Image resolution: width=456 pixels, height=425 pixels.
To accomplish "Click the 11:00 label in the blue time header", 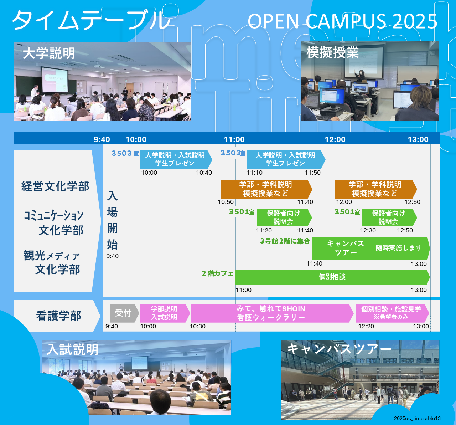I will coord(234,139).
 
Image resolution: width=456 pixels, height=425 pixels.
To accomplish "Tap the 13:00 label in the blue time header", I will coord(418,139).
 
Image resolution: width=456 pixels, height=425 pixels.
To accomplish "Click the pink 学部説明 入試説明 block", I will coord(164,313).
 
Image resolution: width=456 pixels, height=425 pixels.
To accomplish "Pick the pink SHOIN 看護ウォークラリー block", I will coord(271,313).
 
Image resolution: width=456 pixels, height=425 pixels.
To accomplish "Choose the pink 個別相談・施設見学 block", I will coord(391,313).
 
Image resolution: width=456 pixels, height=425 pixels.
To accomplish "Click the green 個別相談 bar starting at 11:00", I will coord(332,277).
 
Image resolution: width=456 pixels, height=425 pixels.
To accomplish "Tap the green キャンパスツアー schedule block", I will coord(370,248).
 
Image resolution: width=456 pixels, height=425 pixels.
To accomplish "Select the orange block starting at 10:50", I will coord(266,189).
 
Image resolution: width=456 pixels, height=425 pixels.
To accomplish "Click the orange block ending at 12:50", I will coord(375,189).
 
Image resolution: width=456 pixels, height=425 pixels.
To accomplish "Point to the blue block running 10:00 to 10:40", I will coord(175,159).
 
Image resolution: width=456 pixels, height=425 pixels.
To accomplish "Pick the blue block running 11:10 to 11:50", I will coord(285,159).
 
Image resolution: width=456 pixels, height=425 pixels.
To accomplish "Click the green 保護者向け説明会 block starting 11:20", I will coord(284,217).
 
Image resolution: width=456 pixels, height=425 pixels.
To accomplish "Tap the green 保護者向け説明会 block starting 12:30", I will coord(389,217).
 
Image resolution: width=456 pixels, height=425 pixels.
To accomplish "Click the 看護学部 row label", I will coord(58,316).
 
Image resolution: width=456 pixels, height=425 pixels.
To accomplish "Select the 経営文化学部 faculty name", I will coord(55,186).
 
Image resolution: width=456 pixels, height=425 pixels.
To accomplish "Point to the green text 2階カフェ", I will coord(217,273).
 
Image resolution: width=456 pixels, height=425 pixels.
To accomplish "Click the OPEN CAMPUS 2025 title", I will coord(342,21).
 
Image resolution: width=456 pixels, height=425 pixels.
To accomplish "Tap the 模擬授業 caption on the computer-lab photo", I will coord(332,53).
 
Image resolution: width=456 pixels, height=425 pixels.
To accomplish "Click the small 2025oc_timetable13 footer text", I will coord(417,418).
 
